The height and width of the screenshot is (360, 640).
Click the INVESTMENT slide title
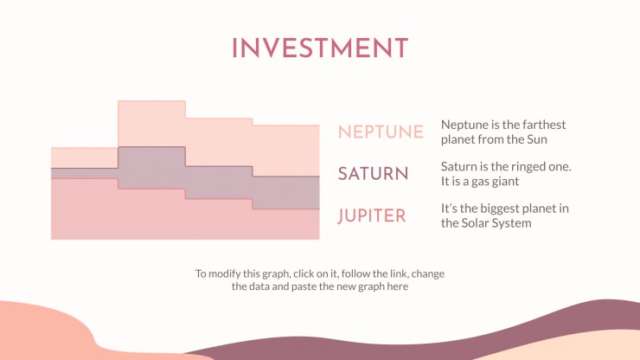[320, 48]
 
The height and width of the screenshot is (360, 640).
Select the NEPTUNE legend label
[381, 132]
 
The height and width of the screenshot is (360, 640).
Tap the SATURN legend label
[373, 174]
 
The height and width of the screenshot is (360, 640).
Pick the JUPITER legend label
[372, 215]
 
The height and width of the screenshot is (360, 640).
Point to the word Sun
[537, 139]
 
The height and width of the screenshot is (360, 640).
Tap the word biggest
[502, 209]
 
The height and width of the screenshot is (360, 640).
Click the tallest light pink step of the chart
[151, 124]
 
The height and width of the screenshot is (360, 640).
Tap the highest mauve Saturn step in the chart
[151, 168]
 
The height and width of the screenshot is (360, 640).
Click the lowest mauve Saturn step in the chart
[285, 192]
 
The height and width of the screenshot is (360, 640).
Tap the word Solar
[473, 223]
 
